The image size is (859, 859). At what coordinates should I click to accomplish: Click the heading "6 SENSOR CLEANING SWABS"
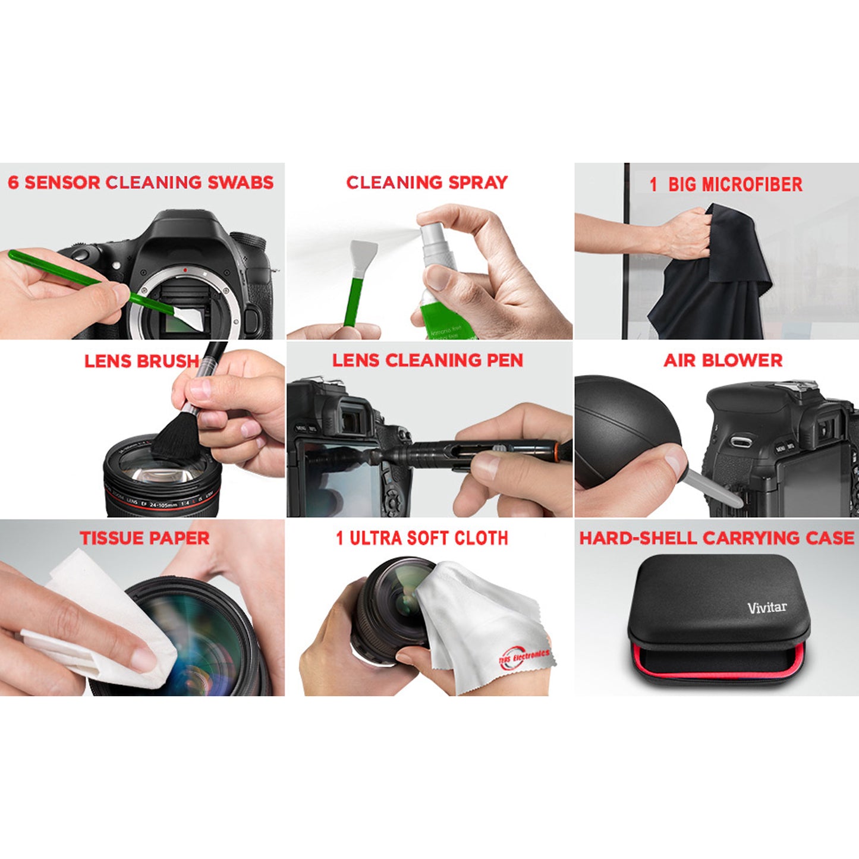(x=141, y=183)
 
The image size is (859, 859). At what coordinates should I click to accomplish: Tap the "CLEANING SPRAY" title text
(x=427, y=183)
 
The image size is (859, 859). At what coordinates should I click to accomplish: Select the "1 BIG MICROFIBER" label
(x=726, y=184)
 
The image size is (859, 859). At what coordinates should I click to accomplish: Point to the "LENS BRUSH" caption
(x=141, y=361)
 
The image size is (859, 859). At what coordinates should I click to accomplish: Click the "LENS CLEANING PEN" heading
(x=427, y=360)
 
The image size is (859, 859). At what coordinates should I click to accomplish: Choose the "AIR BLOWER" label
(x=723, y=360)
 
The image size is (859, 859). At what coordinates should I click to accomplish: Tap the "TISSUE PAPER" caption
(x=144, y=539)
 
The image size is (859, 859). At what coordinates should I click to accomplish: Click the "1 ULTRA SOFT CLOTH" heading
(x=422, y=539)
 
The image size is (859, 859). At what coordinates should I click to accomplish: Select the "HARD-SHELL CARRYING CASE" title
(x=717, y=539)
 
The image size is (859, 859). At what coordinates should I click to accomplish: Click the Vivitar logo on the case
(x=767, y=607)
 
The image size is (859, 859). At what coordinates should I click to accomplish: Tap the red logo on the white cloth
(x=523, y=659)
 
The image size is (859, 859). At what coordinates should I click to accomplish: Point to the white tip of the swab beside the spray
(x=363, y=254)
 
